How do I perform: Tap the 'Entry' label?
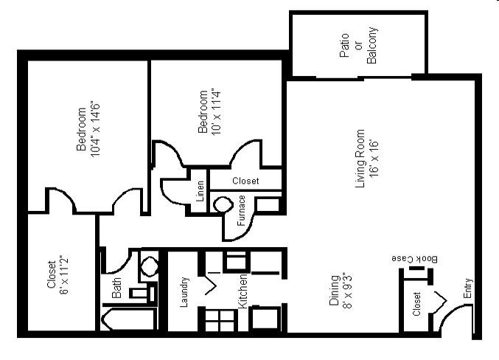pos(468,287)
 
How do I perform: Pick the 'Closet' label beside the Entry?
pos(416,304)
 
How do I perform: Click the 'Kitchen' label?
pos(241,290)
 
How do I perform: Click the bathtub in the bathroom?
pos(128,321)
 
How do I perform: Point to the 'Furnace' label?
pos(241,210)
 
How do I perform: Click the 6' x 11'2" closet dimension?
pos(63,278)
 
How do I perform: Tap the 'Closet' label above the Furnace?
pos(245,181)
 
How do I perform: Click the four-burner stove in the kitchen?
pos(218,319)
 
